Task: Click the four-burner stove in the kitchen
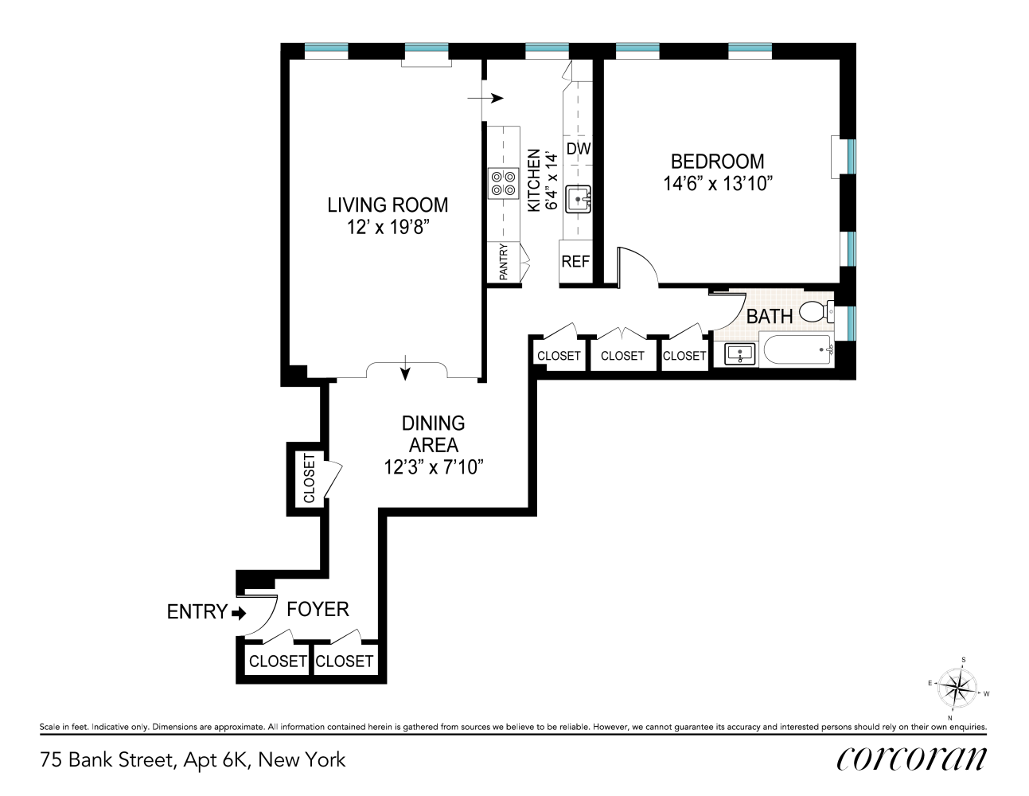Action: [503, 183]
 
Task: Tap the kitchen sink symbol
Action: [579, 200]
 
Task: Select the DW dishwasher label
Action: [579, 149]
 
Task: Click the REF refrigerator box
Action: [575, 262]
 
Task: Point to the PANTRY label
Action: [504, 262]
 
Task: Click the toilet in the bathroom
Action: [815, 311]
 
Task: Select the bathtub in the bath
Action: [797, 350]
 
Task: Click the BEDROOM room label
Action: [717, 162]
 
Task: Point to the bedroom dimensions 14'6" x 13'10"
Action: [717, 184]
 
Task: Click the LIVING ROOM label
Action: [388, 205]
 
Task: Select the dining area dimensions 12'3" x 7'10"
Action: [433, 467]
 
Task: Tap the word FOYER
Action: [318, 610]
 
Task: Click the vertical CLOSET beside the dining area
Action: [309, 478]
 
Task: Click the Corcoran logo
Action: [911, 759]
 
